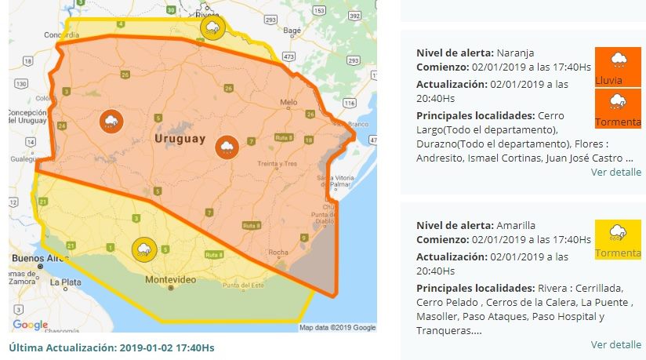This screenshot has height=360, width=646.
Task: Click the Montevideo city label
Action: (x=170, y=279)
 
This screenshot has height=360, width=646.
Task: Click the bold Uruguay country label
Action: (x=180, y=139)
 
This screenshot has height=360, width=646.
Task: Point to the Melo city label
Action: (x=289, y=102)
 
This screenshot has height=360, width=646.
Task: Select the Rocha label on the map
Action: (x=278, y=252)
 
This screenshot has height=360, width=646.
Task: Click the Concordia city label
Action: (x=40, y=35)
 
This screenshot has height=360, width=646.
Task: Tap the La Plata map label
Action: (x=65, y=281)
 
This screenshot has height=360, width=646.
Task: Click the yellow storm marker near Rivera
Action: (x=212, y=28)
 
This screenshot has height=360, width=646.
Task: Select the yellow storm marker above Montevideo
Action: (x=144, y=249)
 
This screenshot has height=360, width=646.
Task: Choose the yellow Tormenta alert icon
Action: (x=618, y=239)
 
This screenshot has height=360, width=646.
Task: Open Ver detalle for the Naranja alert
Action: (x=615, y=172)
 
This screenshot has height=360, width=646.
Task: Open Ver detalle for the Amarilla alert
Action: (x=615, y=344)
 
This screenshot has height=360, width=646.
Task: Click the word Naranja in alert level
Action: (x=516, y=53)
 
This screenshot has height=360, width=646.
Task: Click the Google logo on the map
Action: (x=30, y=325)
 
